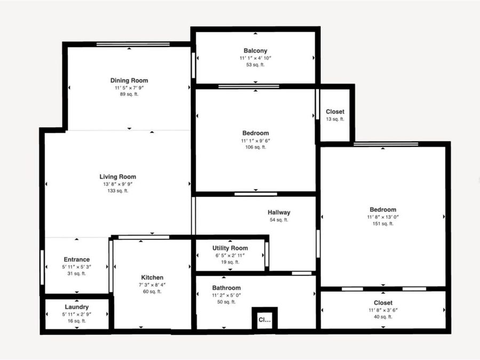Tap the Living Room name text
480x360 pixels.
(x=118, y=177)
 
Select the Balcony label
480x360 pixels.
(x=255, y=51)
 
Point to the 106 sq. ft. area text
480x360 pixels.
(x=255, y=147)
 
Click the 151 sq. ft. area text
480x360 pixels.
(x=383, y=223)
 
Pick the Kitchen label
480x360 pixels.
(x=152, y=277)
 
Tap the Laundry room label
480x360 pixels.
(x=77, y=307)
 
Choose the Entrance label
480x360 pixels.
(x=77, y=260)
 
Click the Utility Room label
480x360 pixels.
(x=230, y=248)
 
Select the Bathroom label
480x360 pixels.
(x=227, y=287)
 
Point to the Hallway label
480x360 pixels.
(x=279, y=212)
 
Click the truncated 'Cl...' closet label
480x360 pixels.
(x=265, y=320)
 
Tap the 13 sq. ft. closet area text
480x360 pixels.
(x=335, y=119)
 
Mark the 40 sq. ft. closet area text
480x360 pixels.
(x=383, y=317)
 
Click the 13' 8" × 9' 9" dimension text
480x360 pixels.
(x=118, y=184)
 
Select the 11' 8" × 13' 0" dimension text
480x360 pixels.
(x=383, y=217)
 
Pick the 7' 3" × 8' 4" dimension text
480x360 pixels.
(x=152, y=284)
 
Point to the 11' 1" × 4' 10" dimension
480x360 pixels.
(x=255, y=58)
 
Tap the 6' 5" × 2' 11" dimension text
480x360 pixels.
(x=230, y=255)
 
